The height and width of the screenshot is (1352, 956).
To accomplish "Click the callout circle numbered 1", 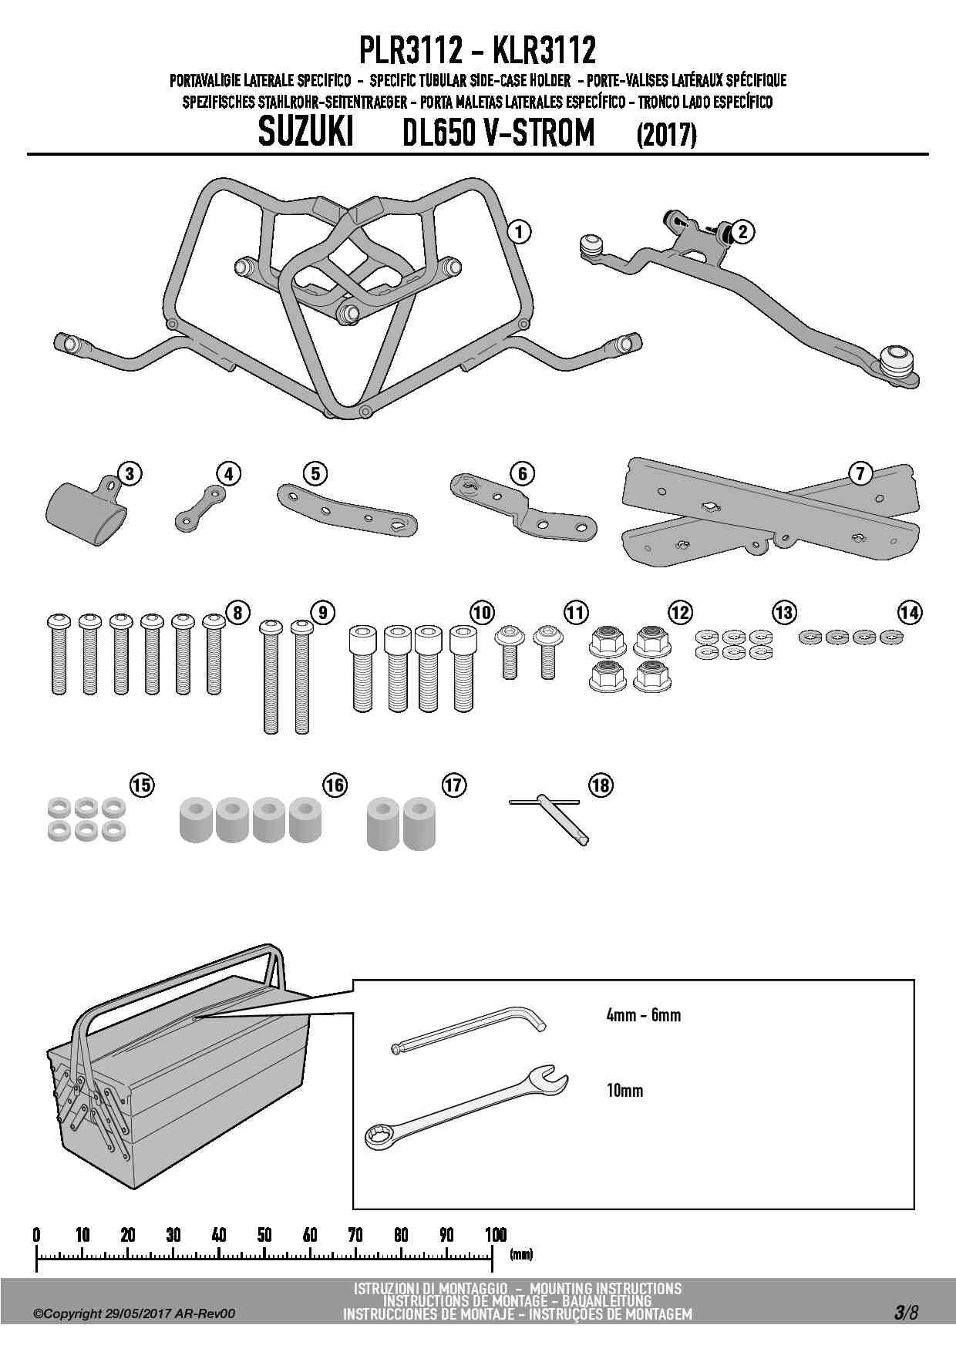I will pos(520,230).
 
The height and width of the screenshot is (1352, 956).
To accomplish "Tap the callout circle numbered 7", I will pos(860,473).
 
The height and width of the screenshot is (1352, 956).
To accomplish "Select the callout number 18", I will pos(601,785).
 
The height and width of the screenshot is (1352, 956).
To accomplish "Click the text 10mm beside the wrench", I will pos(624,1091).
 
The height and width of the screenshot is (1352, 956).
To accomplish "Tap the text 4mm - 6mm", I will pos(643,1015).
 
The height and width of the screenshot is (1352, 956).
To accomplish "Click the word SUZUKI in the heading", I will pos(305,133).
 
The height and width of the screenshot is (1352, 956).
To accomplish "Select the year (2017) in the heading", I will pos(666,136).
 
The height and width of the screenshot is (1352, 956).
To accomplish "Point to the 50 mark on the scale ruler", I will pos(264,1235).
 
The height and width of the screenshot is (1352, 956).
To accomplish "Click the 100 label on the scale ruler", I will pos(495,1235).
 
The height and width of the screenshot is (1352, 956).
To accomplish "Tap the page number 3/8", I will pos(907,1313).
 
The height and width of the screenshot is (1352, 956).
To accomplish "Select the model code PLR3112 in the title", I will pos(411,52).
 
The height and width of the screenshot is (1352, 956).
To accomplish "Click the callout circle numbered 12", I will pos(679,613).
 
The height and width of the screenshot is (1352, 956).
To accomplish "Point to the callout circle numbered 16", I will pos(335,785).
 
